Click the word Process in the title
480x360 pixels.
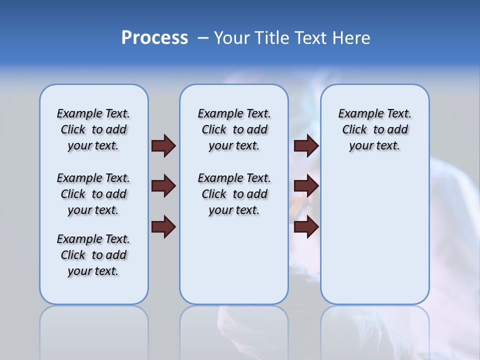154,38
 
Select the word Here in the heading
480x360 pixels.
349,38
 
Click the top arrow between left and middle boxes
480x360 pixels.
163,145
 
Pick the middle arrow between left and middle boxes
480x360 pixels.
163,186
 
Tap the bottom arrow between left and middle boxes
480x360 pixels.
163,227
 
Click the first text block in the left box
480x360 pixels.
93,129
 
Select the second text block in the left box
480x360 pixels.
93,194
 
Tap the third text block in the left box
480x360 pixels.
93,255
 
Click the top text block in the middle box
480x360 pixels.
234,129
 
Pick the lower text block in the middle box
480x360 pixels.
234,194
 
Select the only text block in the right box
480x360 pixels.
374,129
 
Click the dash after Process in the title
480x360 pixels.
203,38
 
